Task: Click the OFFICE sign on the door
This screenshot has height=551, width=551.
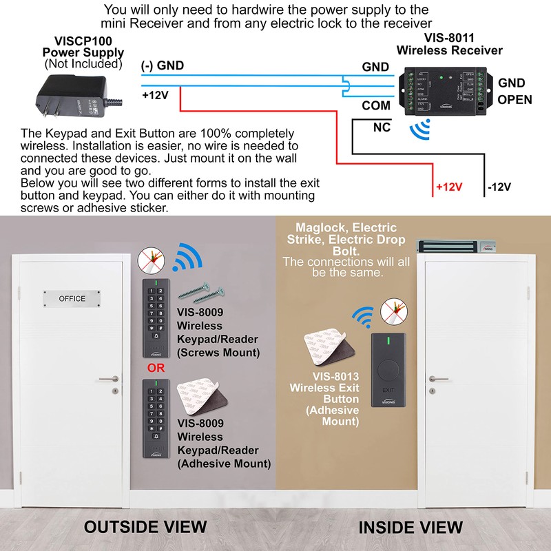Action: [72, 298]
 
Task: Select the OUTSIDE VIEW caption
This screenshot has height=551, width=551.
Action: [145, 527]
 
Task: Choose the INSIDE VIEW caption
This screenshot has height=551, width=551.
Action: [410, 528]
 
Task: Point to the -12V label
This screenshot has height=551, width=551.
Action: [501, 187]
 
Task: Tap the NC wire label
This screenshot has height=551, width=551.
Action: [382, 127]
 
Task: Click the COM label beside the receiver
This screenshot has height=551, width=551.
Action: [376, 106]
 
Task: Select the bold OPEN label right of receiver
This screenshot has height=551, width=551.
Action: [514, 100]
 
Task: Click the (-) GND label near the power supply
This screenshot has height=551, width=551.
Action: [163, 66]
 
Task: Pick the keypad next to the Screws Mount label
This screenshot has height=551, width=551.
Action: [156, 318]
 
